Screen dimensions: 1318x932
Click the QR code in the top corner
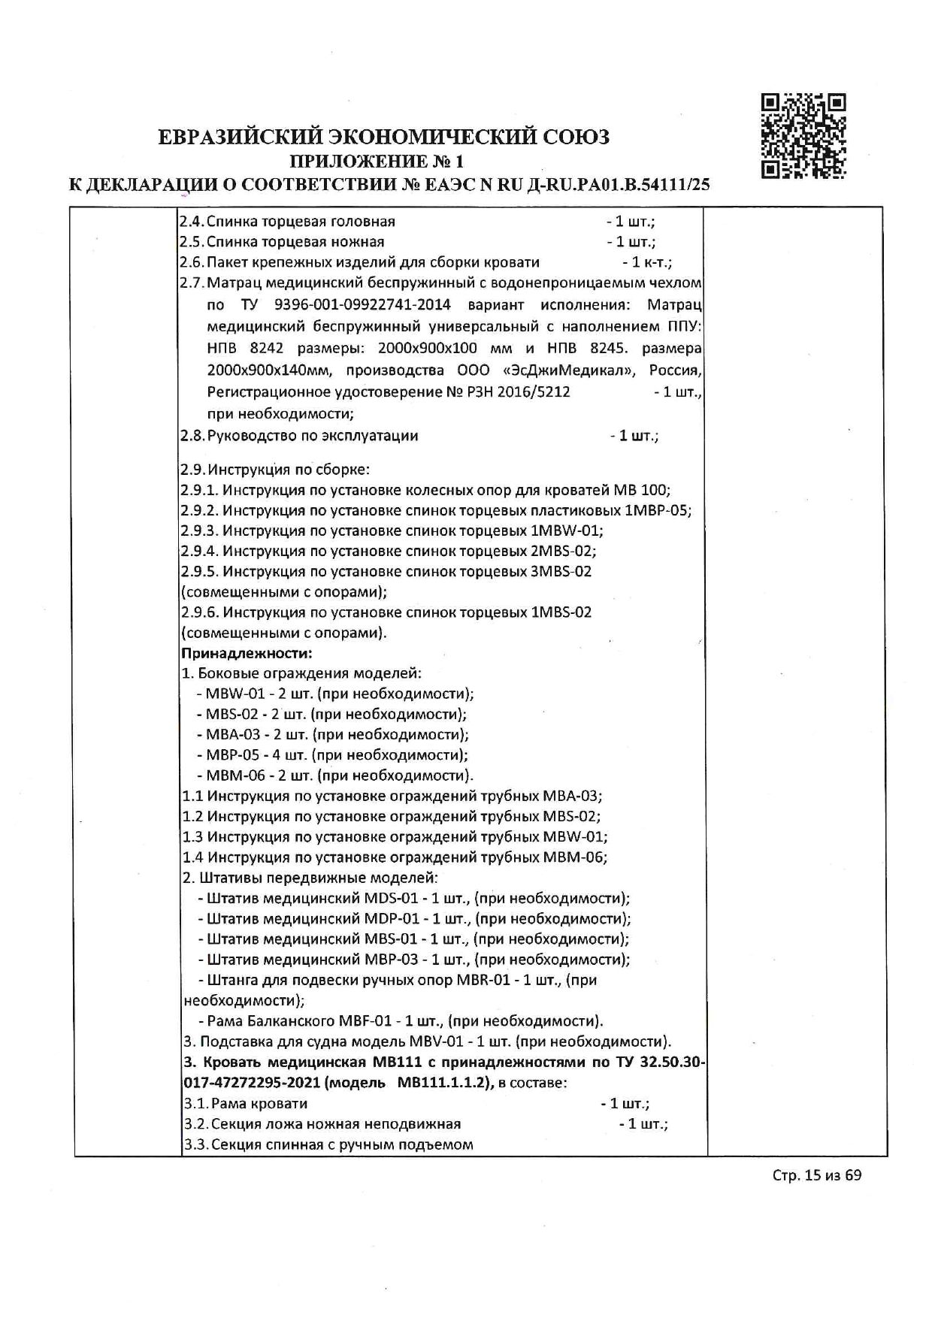click(803, 135)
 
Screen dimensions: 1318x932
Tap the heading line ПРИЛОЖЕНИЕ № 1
click(377, 161)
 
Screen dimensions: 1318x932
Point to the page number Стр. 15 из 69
click(816, 1174)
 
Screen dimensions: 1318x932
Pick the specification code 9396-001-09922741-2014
click(363, 304)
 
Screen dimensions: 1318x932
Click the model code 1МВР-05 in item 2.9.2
click(657, 510)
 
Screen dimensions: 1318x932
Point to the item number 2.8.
click(192, 436)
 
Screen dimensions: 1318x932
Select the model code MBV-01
click(437, 1041)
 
